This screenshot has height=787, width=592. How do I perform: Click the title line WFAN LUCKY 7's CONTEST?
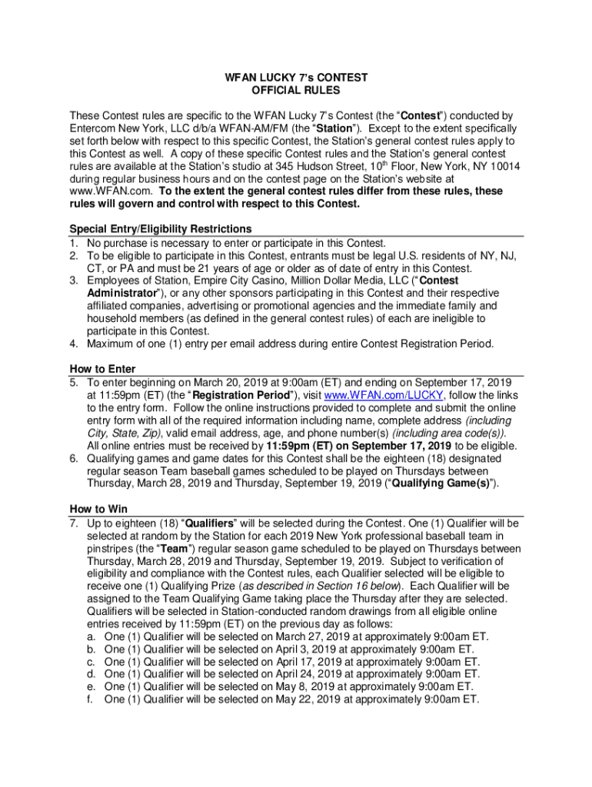coord(296,78)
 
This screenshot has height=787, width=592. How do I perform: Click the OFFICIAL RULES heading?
coord(296,91)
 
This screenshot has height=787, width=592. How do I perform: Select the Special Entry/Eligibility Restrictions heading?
coord(161,229)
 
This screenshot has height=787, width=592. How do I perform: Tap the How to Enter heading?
coord(102,369)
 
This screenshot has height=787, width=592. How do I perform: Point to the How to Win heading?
coord(98,509)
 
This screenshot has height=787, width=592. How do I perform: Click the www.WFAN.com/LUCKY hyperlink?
coord(384,395)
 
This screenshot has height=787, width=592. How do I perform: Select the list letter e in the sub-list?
coord(91,687)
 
